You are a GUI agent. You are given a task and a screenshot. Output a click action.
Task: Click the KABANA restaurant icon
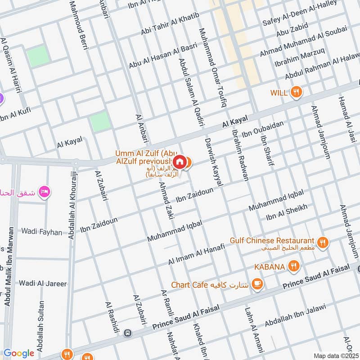pos(293,266)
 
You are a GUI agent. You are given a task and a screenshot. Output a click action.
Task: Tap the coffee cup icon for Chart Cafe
pos(257,283)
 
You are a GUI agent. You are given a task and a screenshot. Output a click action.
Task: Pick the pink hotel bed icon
pos(45,192)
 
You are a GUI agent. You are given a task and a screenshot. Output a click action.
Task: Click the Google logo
pos(19,353)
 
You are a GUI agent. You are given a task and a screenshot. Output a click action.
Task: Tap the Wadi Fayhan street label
pos(42,232)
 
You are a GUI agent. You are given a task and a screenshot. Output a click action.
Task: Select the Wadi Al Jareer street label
pos(43,283)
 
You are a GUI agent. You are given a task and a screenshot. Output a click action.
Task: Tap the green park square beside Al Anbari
pos(100,122)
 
